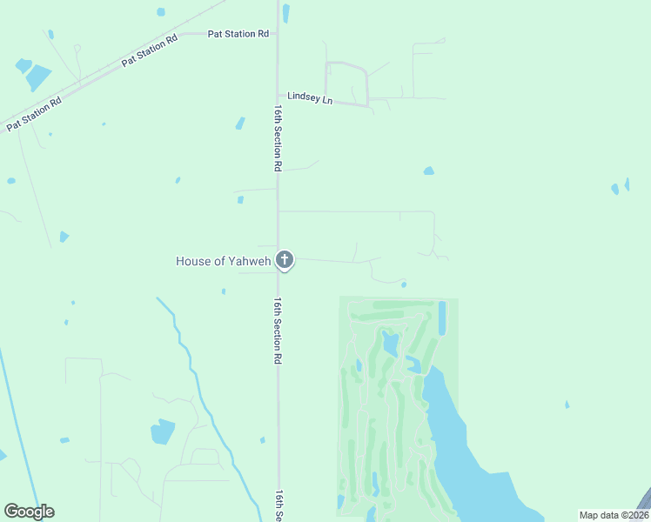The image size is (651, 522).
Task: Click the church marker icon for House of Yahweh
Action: (x=284, y=259)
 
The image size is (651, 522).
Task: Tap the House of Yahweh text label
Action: (x=224, y=261)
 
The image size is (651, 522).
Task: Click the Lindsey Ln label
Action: (x=311, y=99)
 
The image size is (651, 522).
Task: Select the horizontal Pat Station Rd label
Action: (x=238, y=34)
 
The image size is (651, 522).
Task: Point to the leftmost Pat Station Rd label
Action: (x=34, y=114)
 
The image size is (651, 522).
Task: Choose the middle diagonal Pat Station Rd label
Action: (x=150, y=51)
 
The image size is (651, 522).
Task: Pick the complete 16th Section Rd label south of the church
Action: (x=278, y=331)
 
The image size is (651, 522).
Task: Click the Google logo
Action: (x=29, y=512)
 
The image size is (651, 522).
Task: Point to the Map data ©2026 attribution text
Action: (x=614, y=515)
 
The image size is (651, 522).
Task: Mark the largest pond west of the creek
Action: (x=163, y=431)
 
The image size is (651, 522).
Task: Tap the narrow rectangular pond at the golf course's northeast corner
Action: (x=442, y=318)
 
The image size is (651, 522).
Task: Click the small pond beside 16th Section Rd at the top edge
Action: (x=286, y=12)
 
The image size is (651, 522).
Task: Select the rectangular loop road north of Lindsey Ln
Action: (x=346, y=83)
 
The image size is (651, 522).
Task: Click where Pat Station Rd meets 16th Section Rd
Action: (x=278, y=34)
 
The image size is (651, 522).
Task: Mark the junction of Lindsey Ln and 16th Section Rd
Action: (x=278, y=95)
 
